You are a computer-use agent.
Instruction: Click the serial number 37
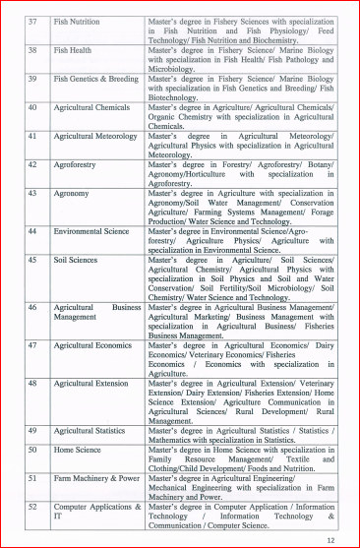click(x=31, y=20)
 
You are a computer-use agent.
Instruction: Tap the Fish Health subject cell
click(x=75, y=48)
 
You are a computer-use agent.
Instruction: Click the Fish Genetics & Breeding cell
click(x=95, y=77)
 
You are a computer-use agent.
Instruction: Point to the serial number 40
click(x=31, y=106)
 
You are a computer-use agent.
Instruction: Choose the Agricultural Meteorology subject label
click(x=96, y=135)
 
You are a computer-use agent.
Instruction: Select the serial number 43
click(x=31, y=193)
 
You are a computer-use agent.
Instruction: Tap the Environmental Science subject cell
click(x=90, y=231)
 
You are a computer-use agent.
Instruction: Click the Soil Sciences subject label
click(x=77, y=260)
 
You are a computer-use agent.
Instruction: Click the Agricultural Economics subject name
click(x=92, y=345)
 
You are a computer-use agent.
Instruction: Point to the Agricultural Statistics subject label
click(x=91, y=431)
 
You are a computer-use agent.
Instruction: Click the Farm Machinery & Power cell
click(x=96, y=478)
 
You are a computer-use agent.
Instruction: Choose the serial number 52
click(x=31, y=507)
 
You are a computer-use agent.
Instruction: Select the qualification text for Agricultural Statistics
click(x=241, y=436)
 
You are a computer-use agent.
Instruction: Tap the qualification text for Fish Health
click(x=241, y=57)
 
